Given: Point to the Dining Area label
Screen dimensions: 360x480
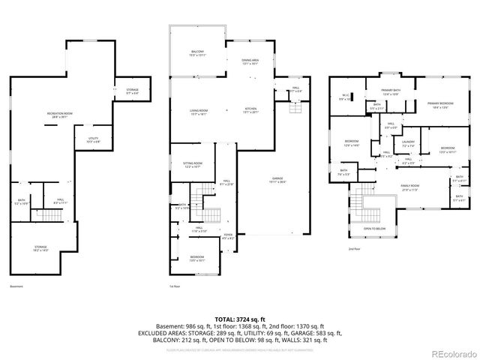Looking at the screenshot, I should [250, 62].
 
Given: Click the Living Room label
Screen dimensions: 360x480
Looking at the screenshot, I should [198, 112].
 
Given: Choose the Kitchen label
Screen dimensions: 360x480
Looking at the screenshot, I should [250, 112].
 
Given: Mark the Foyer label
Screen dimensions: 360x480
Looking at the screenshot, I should [227, 236].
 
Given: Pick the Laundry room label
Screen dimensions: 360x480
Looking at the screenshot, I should [408, 143].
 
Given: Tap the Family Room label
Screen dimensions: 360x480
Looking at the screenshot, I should [409, 187].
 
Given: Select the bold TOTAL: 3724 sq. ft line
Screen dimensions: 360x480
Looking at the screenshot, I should [239, 320].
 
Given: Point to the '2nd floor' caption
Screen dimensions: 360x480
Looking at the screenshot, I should [354, 248].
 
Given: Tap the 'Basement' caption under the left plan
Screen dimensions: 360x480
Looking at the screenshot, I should [16, 286].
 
